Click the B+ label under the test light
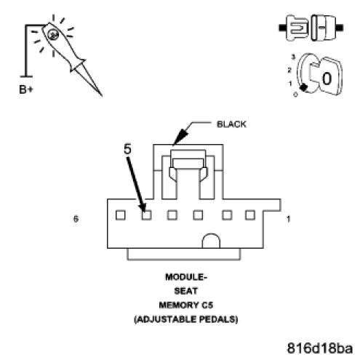tap(26, 89)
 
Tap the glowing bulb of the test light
tap(52, 35)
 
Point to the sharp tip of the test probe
tap(101, 95)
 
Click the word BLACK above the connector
tap(231, 124)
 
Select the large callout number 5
tap(127, 148)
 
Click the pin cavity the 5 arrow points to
tap(146, 215)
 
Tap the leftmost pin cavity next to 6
tap(121, 215)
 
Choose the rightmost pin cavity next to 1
tap(250, 215)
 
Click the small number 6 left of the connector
tap(76, 219)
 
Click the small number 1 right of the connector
tap(288, 219)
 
